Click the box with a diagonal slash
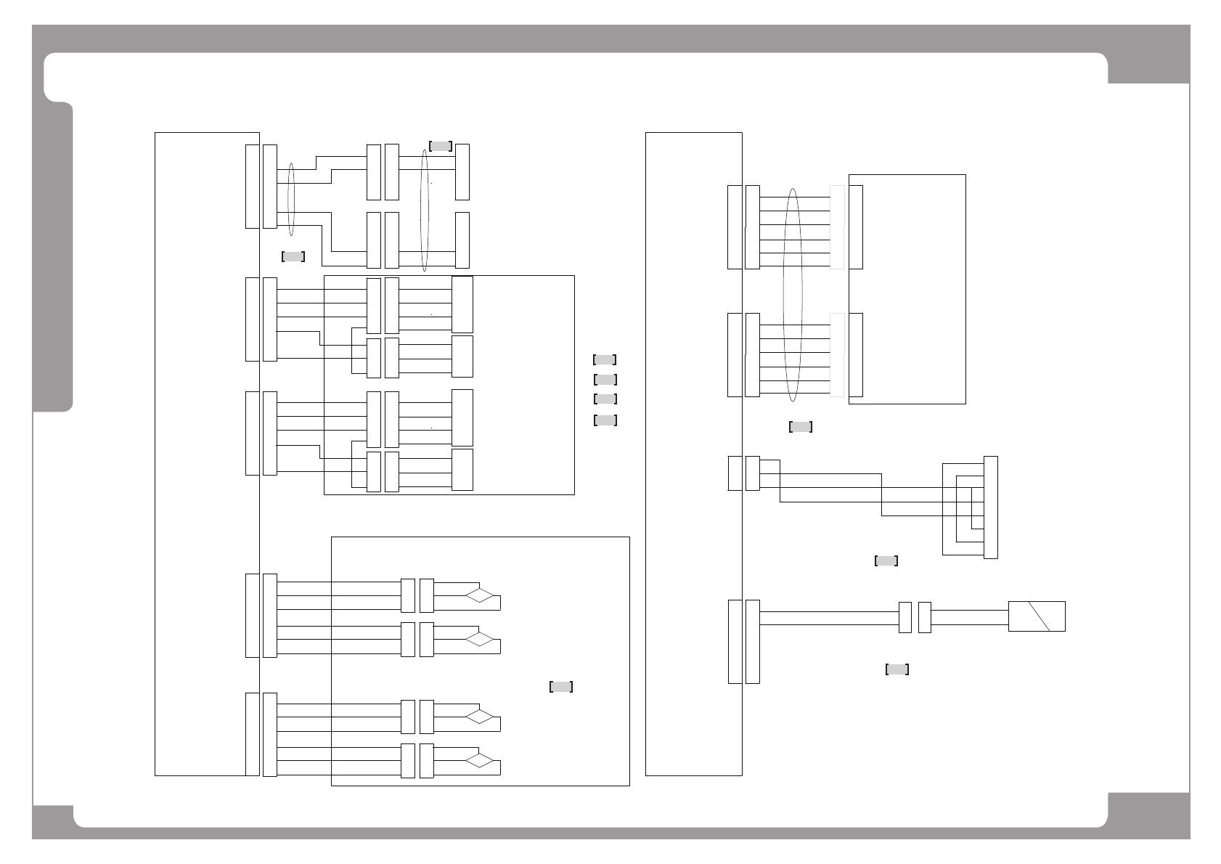1037,616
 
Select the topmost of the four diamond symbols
480,596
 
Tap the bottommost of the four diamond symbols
480,761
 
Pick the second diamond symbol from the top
480,639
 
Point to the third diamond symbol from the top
480,717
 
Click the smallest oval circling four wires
291,199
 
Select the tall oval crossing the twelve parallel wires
793,295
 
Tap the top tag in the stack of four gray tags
605,359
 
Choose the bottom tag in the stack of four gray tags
605,420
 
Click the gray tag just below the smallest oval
293,256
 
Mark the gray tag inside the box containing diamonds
561,687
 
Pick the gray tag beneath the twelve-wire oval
800,427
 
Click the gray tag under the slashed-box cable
897,669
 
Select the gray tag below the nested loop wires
886,561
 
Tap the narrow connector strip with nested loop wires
990,507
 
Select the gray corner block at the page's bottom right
1148,815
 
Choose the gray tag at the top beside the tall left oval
441,146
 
